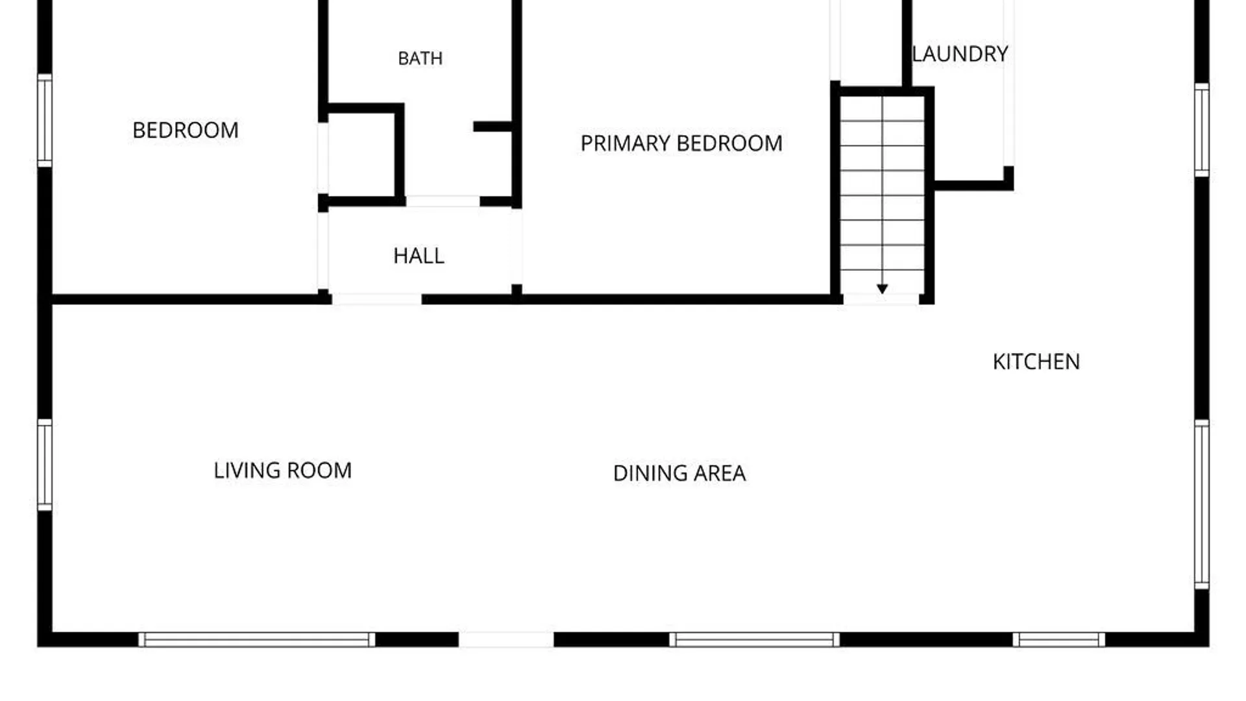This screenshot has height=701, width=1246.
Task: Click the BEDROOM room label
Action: point(186,130)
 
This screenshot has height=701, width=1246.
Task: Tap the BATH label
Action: point(421,58)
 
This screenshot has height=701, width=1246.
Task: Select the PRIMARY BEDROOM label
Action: point(681,143)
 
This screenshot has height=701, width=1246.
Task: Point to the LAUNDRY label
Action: point(960,54)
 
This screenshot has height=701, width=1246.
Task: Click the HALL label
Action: point(419,256)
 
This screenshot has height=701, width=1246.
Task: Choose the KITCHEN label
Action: point(1036,362)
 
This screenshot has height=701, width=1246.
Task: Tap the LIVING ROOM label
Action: point(283,471)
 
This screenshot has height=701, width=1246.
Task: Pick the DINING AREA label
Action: point(679,473)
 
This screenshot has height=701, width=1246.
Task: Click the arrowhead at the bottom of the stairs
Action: point(882,289)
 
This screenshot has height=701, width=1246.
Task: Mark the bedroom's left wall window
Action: point(44,120)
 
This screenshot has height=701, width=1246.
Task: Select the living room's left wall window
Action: point(44,465)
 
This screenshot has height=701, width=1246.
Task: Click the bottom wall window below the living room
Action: point(257,639)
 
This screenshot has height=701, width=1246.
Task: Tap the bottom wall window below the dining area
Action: point(754,639)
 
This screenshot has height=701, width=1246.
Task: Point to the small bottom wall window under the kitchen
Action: point(1059,639)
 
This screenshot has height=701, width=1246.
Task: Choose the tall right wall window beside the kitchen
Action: point(1202,504)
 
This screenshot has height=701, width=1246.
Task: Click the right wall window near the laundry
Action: point(1202,130)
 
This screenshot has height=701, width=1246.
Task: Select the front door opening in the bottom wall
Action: point(506,639)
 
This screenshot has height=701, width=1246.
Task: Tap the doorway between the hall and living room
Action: point(376,299)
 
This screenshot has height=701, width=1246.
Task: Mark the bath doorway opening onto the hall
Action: point(443,201)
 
